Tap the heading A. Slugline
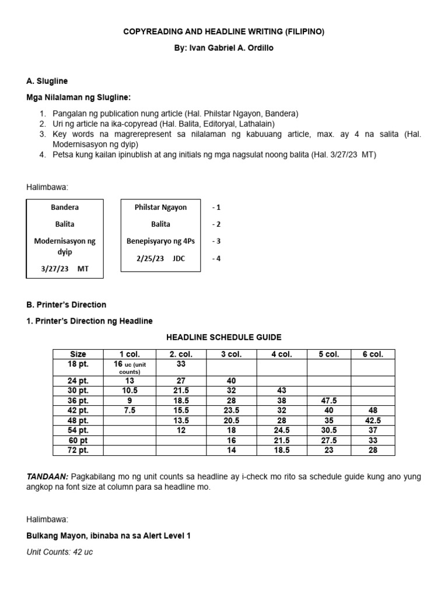[51, 81]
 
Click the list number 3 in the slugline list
[43, 134]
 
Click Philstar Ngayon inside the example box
[160, 208]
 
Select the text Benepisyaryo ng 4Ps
[160, 241]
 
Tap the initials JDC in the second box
[178, 258]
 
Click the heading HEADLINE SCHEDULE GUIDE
[224, 337]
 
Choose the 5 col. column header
[328, 354]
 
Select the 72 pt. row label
[78, 451]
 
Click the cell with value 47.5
[328, 401]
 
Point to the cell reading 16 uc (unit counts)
[130, 367]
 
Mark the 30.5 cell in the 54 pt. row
[328, 430]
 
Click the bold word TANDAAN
[45, 477]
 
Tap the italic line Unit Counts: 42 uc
[60, 552]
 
